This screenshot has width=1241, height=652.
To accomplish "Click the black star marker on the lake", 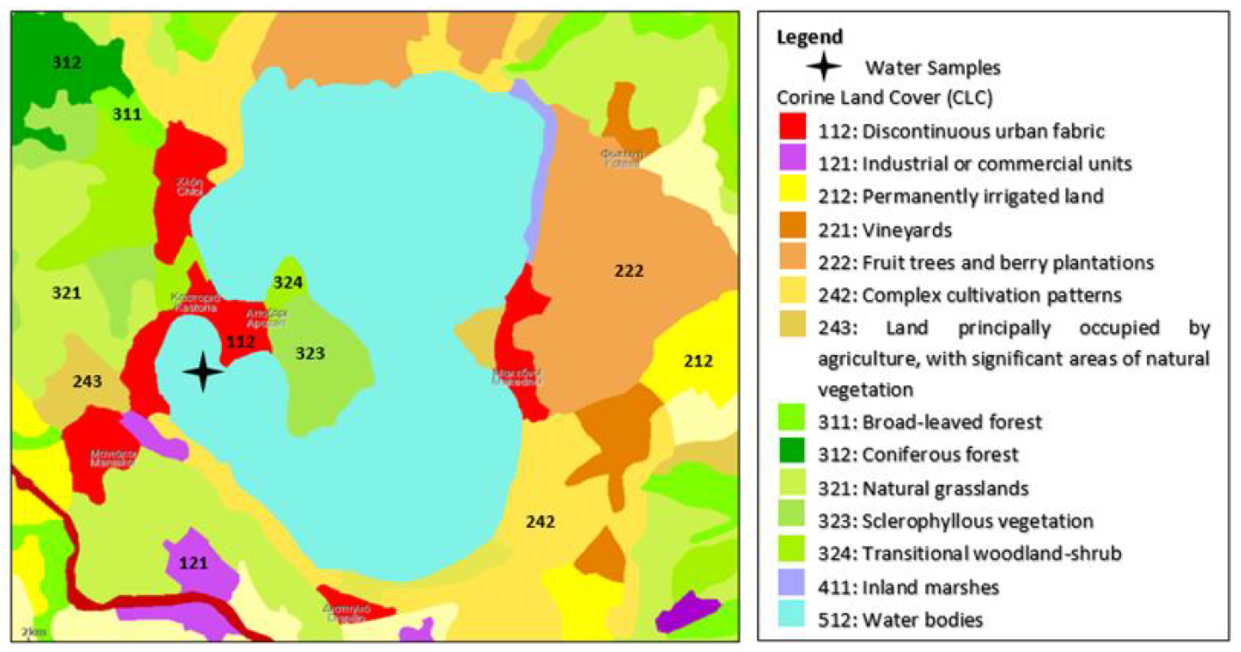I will [203, 371].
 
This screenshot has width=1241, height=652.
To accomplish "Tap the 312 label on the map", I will [67, 62].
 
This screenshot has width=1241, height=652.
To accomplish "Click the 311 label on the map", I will [127, 114].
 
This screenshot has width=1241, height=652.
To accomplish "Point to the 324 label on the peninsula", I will [288, 282].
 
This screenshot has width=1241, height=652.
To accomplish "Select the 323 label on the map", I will [310, 353].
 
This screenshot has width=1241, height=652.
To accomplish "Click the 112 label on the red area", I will [241, 342].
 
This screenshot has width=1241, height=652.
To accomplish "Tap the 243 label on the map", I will [87, 381].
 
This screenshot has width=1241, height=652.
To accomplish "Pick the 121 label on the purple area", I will [193, 563].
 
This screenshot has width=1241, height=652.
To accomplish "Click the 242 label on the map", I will [540, 522].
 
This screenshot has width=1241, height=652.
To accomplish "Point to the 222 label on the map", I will [629, 271].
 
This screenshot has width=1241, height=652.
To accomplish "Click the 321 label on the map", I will [67, 292].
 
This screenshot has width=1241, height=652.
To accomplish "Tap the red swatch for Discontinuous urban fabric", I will [792, 126].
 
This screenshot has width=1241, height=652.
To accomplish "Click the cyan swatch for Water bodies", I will [791, 613].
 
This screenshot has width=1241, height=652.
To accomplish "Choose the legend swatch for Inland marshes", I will [791, 582].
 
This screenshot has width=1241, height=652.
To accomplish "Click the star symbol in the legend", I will [823, 67].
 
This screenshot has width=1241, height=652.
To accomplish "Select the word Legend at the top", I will [809, 37].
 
